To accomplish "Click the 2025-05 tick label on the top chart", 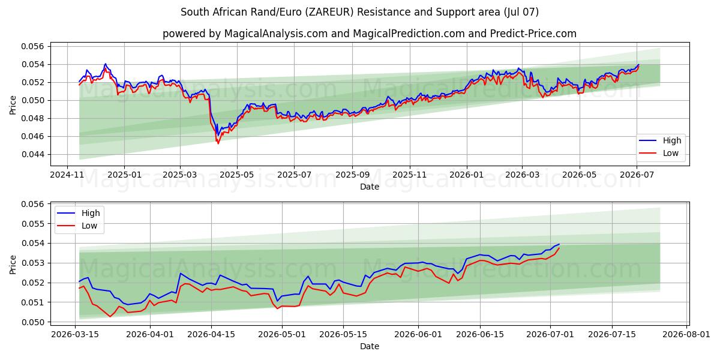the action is click(x=237, y=175).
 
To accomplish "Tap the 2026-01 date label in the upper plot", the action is click(x=466, y=175).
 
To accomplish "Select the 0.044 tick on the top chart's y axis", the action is click(x=32, y=155).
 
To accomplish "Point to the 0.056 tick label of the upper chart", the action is click(x=32, y=47).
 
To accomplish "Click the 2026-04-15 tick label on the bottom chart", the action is click(x=211, y=335).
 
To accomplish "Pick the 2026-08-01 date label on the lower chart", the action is click(x=686, y=335).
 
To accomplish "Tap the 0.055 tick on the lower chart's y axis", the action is click(x=32, y=224).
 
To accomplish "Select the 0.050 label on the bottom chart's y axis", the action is click(x=32, y=322).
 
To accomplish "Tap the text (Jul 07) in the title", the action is click(x=521, y=12).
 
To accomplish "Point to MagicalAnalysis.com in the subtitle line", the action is click(x=276, y=34).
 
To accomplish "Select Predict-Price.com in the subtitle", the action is click(x=533, y=34).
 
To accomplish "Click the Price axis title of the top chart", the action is click(x=13, y=105).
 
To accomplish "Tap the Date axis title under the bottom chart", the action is click(x=370, y=347).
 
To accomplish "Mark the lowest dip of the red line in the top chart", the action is click(x=218, y=143).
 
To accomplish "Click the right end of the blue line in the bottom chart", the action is click(x=559, y=244).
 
